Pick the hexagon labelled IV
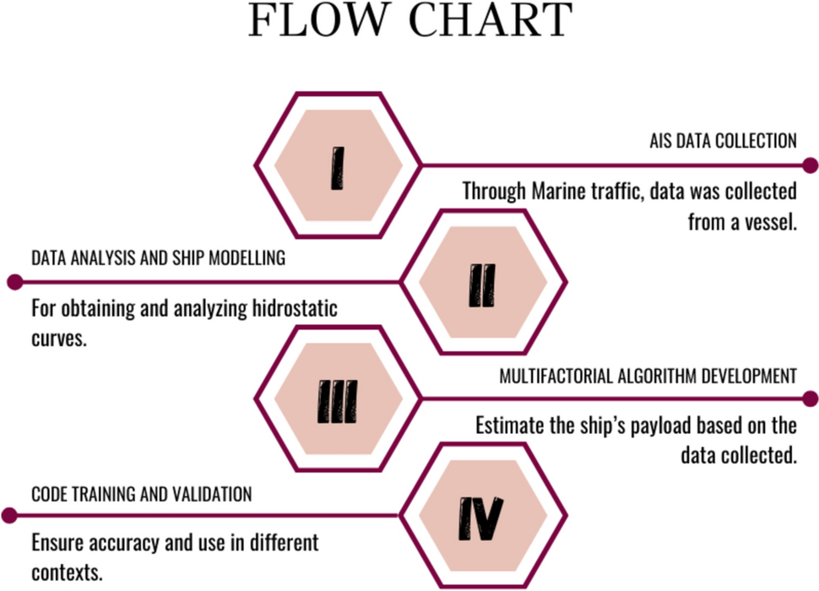482,516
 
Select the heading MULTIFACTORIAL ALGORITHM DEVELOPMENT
648,376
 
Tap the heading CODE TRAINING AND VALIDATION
141,494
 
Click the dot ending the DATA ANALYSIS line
12,282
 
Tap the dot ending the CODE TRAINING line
10,515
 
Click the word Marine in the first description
558,192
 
